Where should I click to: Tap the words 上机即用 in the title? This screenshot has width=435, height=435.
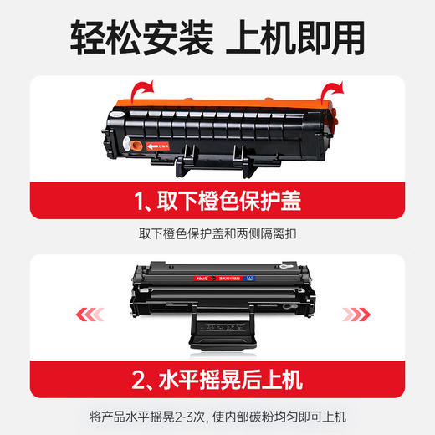(304, 38)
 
